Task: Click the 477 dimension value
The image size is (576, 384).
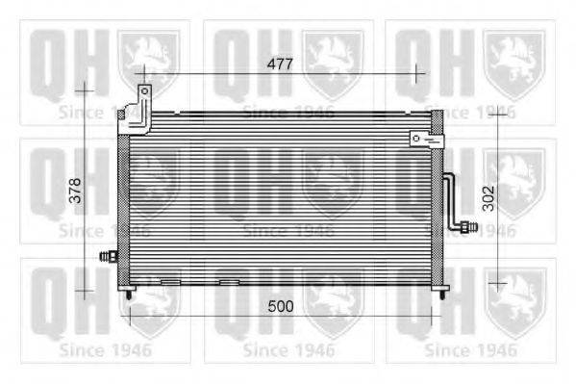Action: click(280, 64)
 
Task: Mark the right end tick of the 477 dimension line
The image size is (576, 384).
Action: click(415, 73)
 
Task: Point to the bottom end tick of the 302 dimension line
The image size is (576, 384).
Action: click(497, 283)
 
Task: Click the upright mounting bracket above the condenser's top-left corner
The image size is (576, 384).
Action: click(143, 108)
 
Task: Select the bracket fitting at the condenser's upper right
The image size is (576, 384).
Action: click(424, 140)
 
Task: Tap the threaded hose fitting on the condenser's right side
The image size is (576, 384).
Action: click(467, 227)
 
